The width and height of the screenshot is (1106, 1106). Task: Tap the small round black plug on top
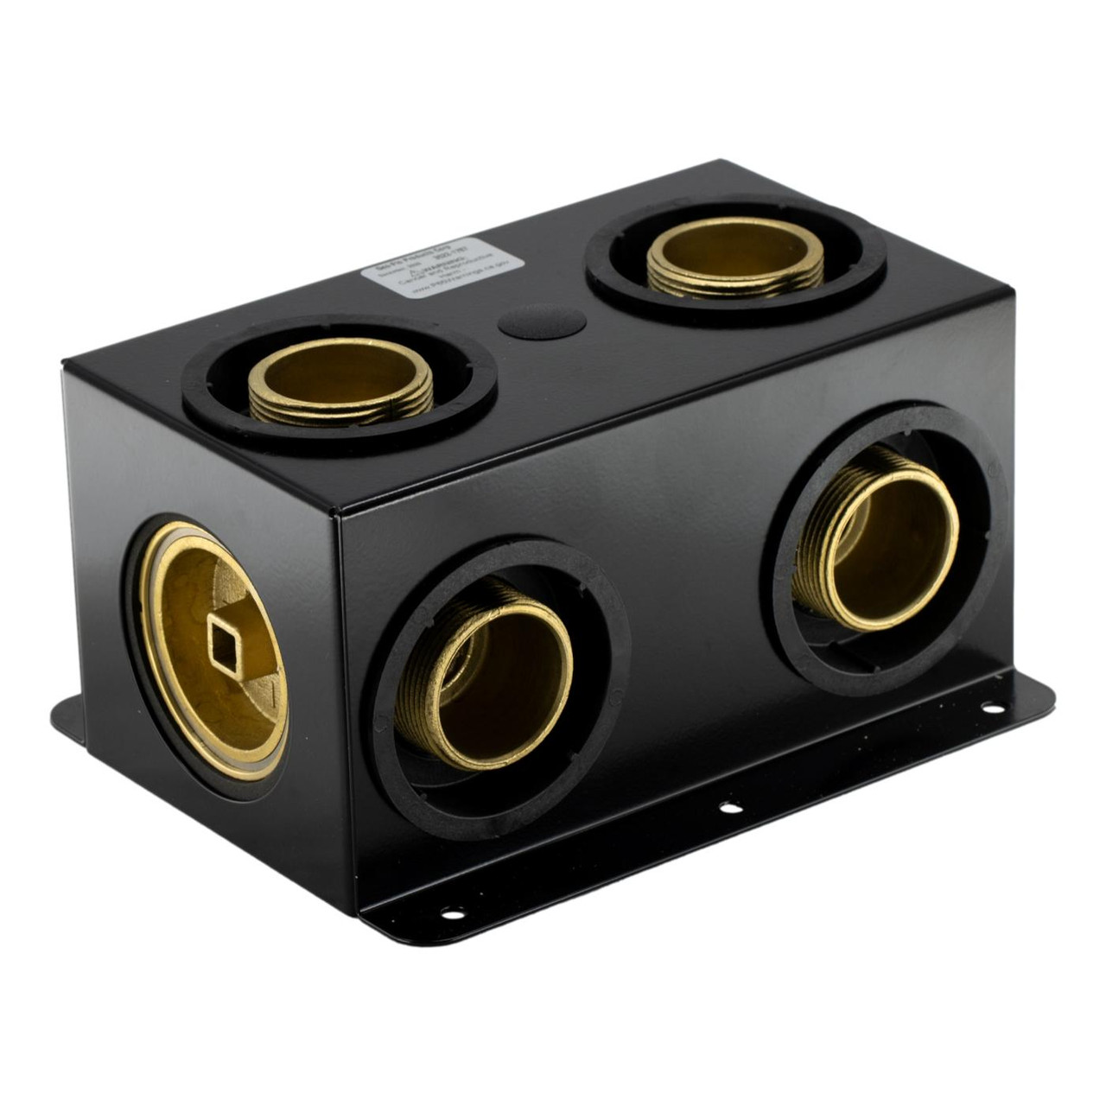click(x=542, y=321)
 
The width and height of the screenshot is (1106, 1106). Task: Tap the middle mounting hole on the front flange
click(x=730, y=808)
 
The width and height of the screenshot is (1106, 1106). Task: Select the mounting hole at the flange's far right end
click(x=993, y=709)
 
